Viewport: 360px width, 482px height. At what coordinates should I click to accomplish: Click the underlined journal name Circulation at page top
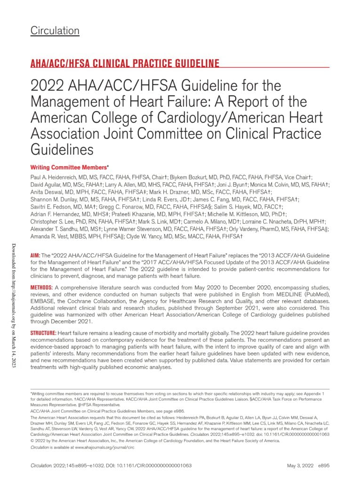point(55,31)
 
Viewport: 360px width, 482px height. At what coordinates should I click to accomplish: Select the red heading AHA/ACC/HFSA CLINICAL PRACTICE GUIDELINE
point(125,63)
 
